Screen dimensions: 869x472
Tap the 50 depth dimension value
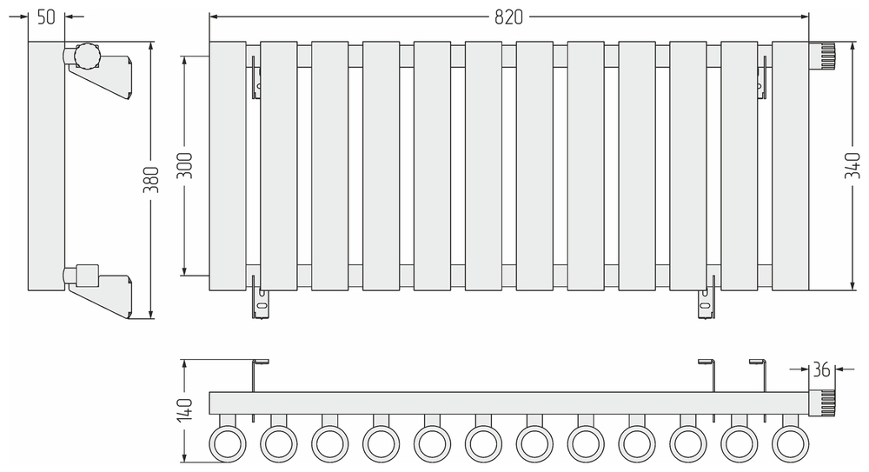click(46, 16)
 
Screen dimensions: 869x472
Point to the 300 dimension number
click(183, 165)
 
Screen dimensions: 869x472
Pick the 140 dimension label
click(183, 409)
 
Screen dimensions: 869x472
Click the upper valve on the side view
click(87, 57)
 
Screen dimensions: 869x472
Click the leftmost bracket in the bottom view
click(258, 374)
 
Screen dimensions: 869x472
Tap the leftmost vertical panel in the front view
click(228, 165)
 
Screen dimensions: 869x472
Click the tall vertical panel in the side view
click(46, 165)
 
